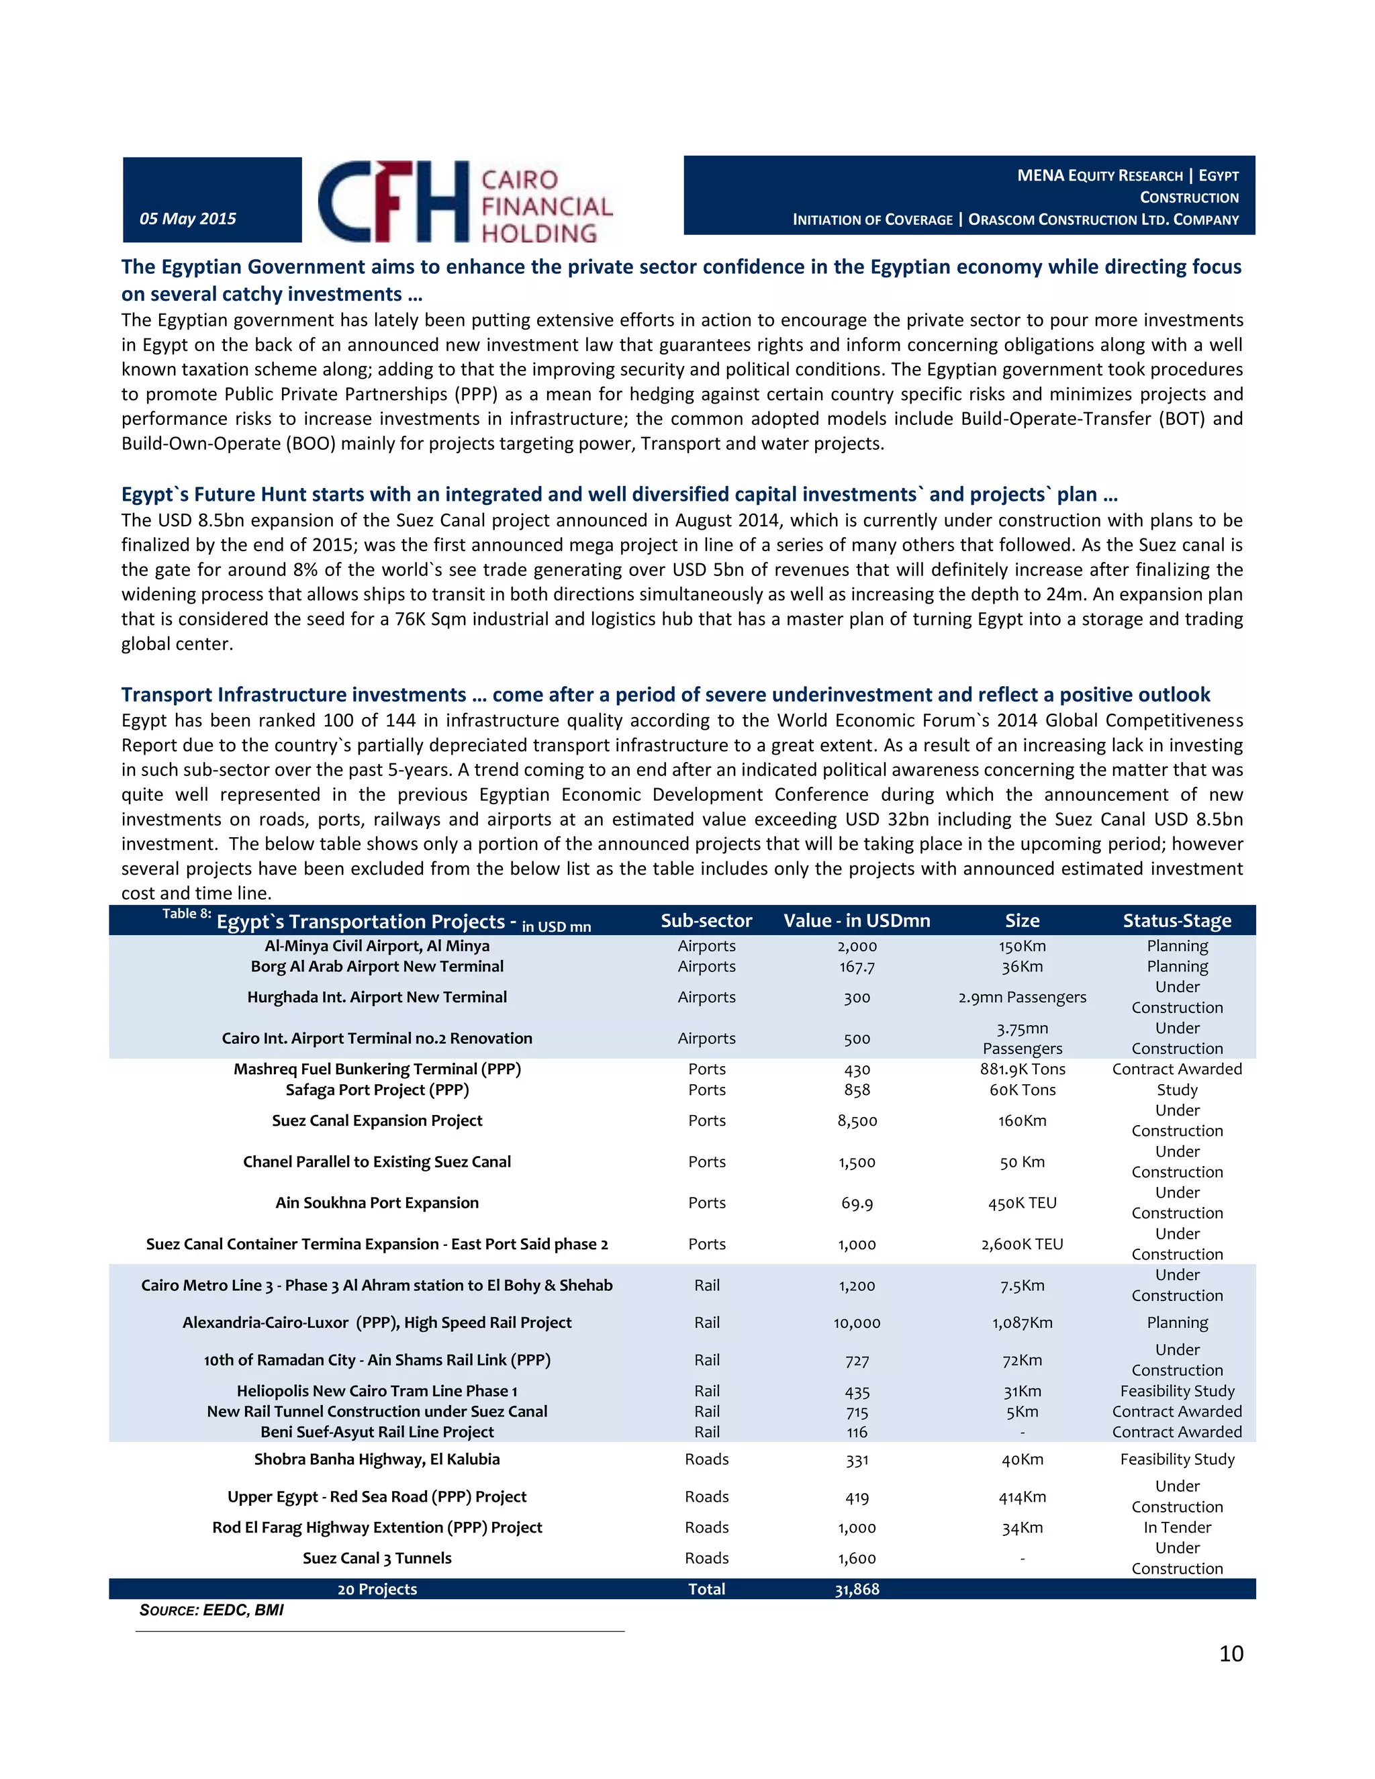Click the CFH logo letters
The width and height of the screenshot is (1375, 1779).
(393, 201)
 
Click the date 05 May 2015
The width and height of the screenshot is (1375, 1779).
(188, 218)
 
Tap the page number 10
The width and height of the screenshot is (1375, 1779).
(1231, 1653)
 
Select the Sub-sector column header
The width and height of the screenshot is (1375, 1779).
(706, 920)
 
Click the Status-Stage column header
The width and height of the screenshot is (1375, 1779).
(1176, 920)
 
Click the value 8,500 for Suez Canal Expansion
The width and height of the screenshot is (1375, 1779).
(857, 1121)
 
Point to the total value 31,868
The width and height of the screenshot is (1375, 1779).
(857, 1589)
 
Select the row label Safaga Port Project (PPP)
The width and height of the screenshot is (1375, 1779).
(377, 1090)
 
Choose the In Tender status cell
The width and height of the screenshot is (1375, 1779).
(1177, 1527)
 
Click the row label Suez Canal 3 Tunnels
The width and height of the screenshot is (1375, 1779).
(377, 1558)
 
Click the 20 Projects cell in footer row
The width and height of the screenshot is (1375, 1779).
(377, 1589)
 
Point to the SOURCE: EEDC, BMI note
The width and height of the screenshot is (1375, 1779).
(211, 1610)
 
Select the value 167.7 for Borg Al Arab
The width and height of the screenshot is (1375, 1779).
(857, 967)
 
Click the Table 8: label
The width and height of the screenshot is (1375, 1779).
(187, 914)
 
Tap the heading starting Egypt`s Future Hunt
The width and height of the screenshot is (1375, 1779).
(619, 495)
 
